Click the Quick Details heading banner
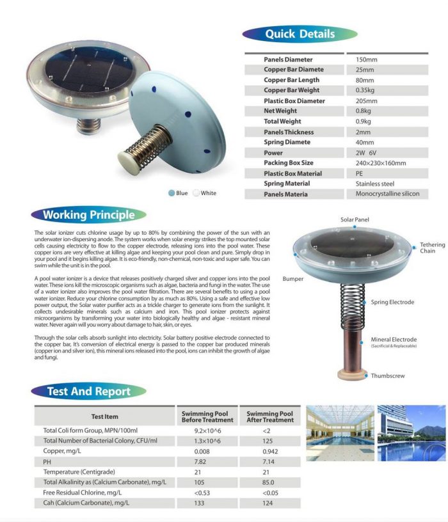300,33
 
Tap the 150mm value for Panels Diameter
367,59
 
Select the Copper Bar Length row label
291,80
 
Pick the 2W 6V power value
368,153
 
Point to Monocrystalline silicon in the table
388,194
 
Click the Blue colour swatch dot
172,193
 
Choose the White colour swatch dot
196,193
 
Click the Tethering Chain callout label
428,248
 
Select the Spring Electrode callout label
392,302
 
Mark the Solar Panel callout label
355,220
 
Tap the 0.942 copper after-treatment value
269,452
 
